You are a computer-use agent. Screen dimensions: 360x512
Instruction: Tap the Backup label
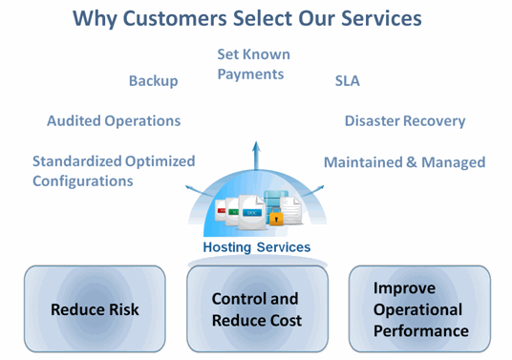click(x=153, y=80)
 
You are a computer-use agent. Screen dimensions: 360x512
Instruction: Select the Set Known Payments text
click(x=253, y=64)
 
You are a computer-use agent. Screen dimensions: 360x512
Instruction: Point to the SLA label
click(x=347, y=80)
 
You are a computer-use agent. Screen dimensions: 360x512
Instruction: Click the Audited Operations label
click(x=114, y=121)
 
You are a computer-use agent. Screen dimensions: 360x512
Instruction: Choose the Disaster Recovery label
click(x=405, y=121)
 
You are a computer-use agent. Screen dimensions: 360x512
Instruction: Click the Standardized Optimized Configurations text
click(x=113, y=171)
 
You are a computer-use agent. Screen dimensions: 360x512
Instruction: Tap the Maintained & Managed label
click(x=404, y=162)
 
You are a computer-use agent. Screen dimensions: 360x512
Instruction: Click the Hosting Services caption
click(x=256, y=247)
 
